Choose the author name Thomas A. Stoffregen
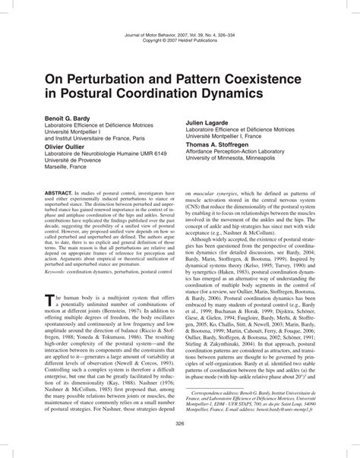227,143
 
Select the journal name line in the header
179,36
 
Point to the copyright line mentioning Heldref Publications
179,43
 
